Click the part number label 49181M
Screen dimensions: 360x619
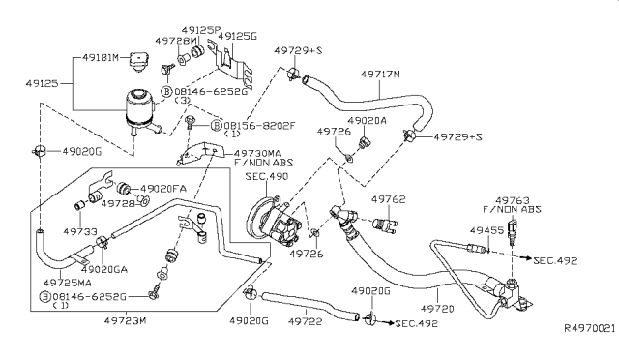(x=103, y=58)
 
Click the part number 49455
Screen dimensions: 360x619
(x=486, y=231)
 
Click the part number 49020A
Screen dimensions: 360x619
(x=368, y=121)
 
